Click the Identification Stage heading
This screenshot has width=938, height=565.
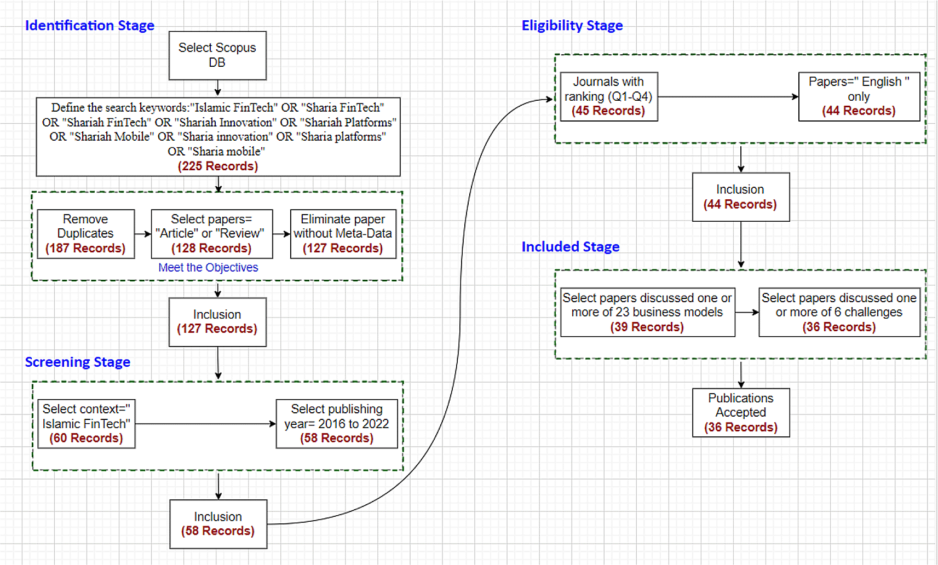click(90, 26)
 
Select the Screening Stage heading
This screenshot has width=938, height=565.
click(77, 362)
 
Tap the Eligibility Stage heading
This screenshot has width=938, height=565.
click(572, 26)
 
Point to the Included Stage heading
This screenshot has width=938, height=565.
click(571, 247)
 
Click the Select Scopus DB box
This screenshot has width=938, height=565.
click(217, 55)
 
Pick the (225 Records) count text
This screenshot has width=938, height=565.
click(218, 166)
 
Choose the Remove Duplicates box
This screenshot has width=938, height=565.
click(86, 234)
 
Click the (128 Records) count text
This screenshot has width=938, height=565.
click(211, 249)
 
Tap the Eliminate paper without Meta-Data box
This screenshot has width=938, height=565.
click(343, 234)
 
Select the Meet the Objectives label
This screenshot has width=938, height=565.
click(208, 268)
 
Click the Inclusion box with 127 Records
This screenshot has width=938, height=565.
click(217, 322)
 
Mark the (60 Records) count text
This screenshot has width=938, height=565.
click(87, 438)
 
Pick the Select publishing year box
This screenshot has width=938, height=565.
click(337, 423)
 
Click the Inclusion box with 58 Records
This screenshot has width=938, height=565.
click(218, 524)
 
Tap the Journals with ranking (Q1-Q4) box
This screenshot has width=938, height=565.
click(609, 97)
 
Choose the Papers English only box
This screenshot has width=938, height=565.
click(859, 97)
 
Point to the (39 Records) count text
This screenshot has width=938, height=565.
click(647, 327)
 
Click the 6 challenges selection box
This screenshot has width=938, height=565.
click(839, 312)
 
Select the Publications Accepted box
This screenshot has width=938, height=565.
click(741, 413)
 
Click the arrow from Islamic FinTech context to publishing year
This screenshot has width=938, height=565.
click(205, 424)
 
